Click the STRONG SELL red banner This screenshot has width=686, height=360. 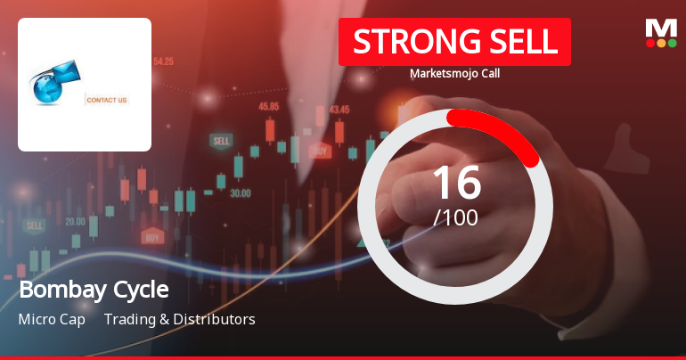pos(454,42)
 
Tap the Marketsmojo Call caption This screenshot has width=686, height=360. pos(454,73)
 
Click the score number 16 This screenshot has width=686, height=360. pos(456,182)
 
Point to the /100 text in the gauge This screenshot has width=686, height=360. pos(456,217)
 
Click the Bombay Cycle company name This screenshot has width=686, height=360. pos(94,290)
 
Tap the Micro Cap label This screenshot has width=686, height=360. pos(52,319)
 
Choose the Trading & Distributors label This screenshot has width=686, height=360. pos(179,319)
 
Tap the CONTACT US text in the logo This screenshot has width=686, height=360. pos(107,100)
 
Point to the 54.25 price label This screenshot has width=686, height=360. pos(163,61)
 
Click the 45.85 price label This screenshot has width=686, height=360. pos(268,106)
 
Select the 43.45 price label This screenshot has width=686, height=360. pos(339,110)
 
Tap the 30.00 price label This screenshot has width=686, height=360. pos(240,192)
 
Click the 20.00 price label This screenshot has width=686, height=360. pos(75,221)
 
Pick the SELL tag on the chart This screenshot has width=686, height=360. pos(220,141)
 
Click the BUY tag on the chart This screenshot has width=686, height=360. pos(152,237)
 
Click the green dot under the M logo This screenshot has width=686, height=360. pos(673,42)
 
